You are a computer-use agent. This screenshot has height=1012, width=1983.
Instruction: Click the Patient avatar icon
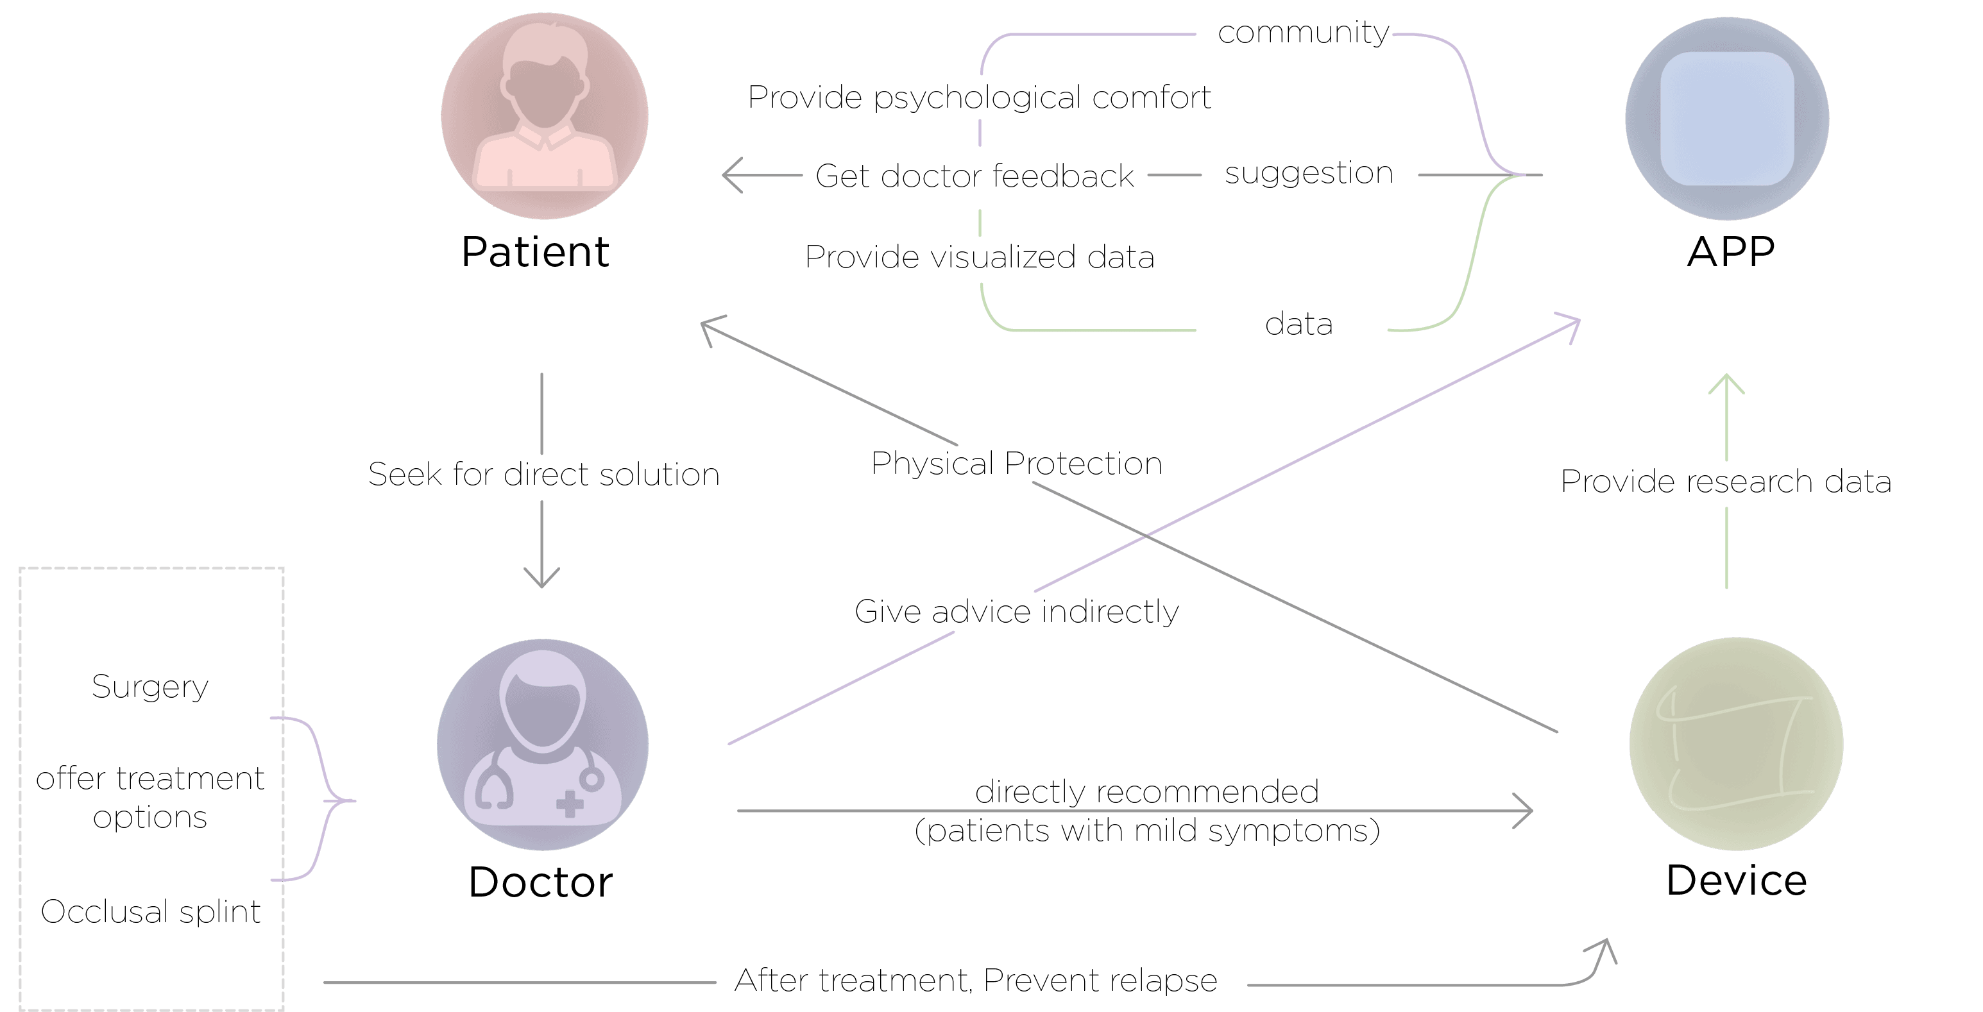pos(544,115)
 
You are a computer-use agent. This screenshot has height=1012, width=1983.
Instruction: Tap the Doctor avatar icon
pos(543,744)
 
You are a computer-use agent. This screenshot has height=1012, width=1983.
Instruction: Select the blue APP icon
pos(1728,119)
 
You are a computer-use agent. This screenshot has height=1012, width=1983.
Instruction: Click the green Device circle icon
pos(1737,743)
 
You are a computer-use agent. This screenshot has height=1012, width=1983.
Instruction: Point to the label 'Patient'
pos(535,251)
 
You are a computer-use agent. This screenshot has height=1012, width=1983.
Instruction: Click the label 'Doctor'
pos(540,882)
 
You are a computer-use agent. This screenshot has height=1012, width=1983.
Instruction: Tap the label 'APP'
pos(1732,251)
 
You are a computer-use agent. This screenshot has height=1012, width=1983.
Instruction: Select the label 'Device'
pos(1737,880)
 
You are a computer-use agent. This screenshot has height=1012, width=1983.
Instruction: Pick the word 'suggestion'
pos(1309,173)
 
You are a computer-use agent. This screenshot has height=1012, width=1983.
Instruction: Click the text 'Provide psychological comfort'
pos(979,97)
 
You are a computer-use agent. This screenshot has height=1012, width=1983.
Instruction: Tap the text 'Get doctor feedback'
pos(974,176)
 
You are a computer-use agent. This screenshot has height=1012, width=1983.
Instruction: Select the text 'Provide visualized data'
pos(979,257)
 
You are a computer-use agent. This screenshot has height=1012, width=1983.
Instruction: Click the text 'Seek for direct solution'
pos(543,474)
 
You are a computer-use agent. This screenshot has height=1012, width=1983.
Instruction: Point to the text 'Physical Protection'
pos(1016,463)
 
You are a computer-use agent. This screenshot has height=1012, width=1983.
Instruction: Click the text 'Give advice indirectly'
pos(1016,612)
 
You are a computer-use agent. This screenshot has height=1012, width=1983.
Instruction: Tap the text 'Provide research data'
pos(1726,481)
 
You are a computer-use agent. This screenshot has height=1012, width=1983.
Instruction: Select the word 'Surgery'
pos(150,686)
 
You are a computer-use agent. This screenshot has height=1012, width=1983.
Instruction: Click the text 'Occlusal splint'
pos(150,911)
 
